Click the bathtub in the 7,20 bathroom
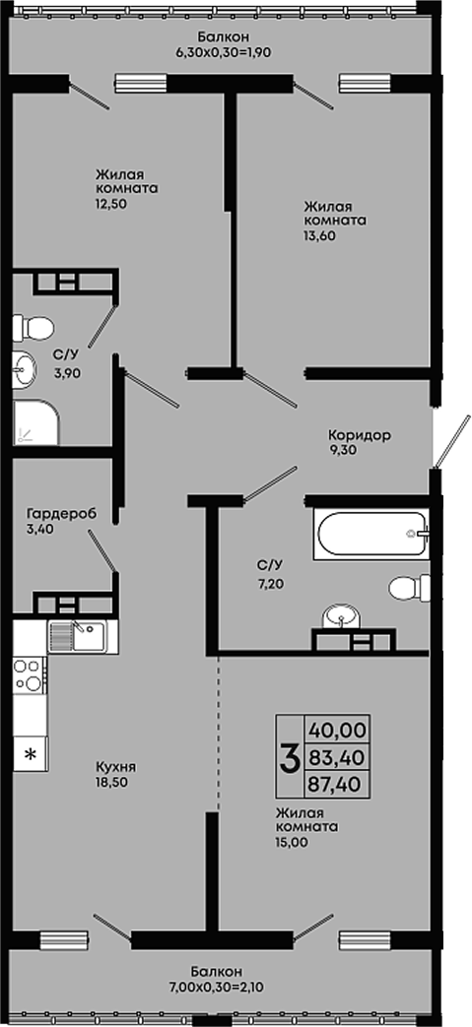pyautogui.click(x=371, y=533)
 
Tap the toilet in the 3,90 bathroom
pyautogui.click(x=33, y=328)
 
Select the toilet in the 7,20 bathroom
pyautogui.click(x=410, y=588)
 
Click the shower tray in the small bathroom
pyautogui.click(x=35, y=422)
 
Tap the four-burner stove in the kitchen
pyautogui.click(x=30, y=675)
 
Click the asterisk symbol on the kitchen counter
pyautogui.click(x=31, y=754)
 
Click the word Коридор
pyautogui.click(x=360, y=434)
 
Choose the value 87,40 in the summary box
pyautogui.click(x=337, y=784)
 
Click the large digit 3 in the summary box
pyautogui.click(x=290, y=756)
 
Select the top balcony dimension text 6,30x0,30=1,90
pyautogui.click(x=223, y=52)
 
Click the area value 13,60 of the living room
pyautogui.click(x=319, y=236)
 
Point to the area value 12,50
pyautogui.click(x=110, y=204)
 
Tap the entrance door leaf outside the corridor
pyautogui.click(x=452, y=441)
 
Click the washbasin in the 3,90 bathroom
pyautogui.click(x=25, y=370)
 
